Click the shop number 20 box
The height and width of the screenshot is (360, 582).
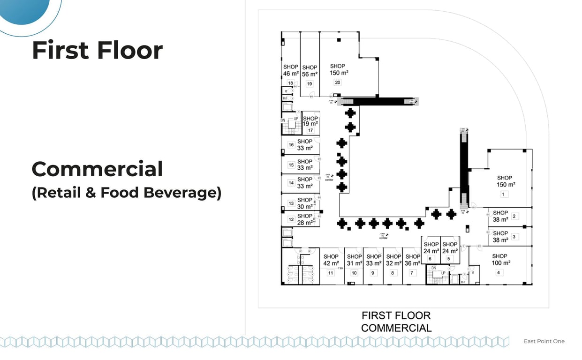(x=337, y=82)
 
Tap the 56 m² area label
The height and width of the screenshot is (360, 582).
(x=310, y=74)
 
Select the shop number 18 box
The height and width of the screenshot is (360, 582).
(x=290, y=83)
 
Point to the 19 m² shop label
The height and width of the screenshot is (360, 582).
(x=310, y=124)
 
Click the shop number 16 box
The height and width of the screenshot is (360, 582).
(x=291, y=145)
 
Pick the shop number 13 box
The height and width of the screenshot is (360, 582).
(x=291, y=203)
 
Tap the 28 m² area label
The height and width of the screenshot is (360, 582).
(x=305, y=223)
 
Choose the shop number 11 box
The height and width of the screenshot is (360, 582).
(x=331, y=273)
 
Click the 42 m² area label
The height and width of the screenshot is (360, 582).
(x=331, y=263)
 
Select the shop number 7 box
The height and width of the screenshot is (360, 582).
(x=412, y=273)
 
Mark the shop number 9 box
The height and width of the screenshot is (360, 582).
(x=373, y=273)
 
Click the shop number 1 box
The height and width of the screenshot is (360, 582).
(x=504, y=194)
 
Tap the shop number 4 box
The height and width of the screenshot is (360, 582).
(x=499, y=272)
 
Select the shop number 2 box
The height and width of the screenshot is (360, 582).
(x=514, y=216)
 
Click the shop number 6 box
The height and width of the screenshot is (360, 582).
(x=430, y=259)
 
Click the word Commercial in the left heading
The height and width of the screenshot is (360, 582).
(x=97, y=169)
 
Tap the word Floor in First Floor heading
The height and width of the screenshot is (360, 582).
(x=130, y=50)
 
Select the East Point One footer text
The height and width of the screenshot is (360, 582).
(x=544, y=341)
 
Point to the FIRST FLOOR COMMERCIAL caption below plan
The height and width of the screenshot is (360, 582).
(x=396, y=322)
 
